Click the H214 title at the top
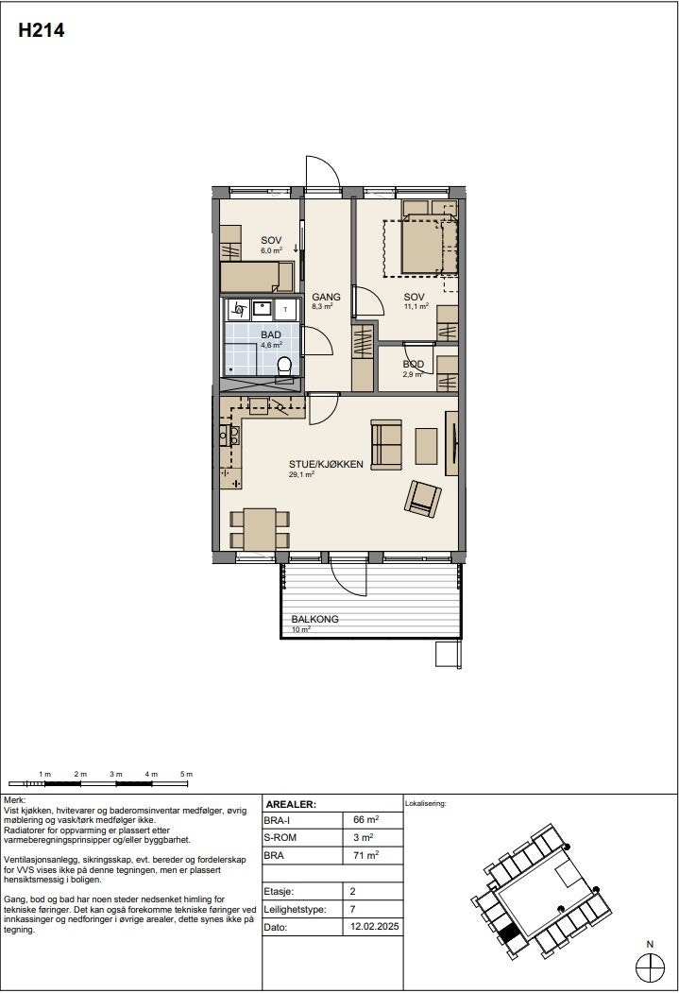[x=41, y=31]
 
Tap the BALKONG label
[x=314, y=620]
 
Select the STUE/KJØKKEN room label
[x=326, y=465]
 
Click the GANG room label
[x=326, y=297]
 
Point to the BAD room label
[x=271, y=335]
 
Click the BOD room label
[x=413, y=365]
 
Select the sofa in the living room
[x=387, y=444]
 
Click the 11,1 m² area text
[x=416, y=306]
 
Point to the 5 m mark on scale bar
[x=186, y=775]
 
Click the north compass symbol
[x=650, y=967]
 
